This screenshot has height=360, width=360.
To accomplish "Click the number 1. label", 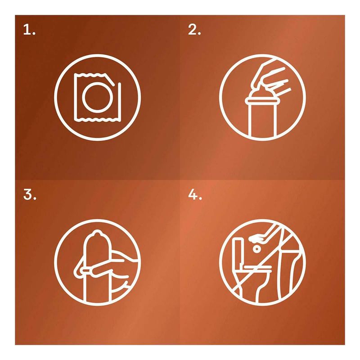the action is [x=29, y=30].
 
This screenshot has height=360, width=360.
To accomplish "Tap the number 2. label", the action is [x=194, y=30].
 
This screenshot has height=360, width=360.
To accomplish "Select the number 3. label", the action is [x=30, y=195].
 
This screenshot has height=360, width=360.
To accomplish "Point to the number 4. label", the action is [x=195, y=195].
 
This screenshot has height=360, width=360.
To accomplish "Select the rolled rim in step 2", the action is [x=262, y=100].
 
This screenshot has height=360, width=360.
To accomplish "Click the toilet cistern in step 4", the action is [x=238, y=252].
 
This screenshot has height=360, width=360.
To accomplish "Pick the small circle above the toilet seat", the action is [x=256, y=249].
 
